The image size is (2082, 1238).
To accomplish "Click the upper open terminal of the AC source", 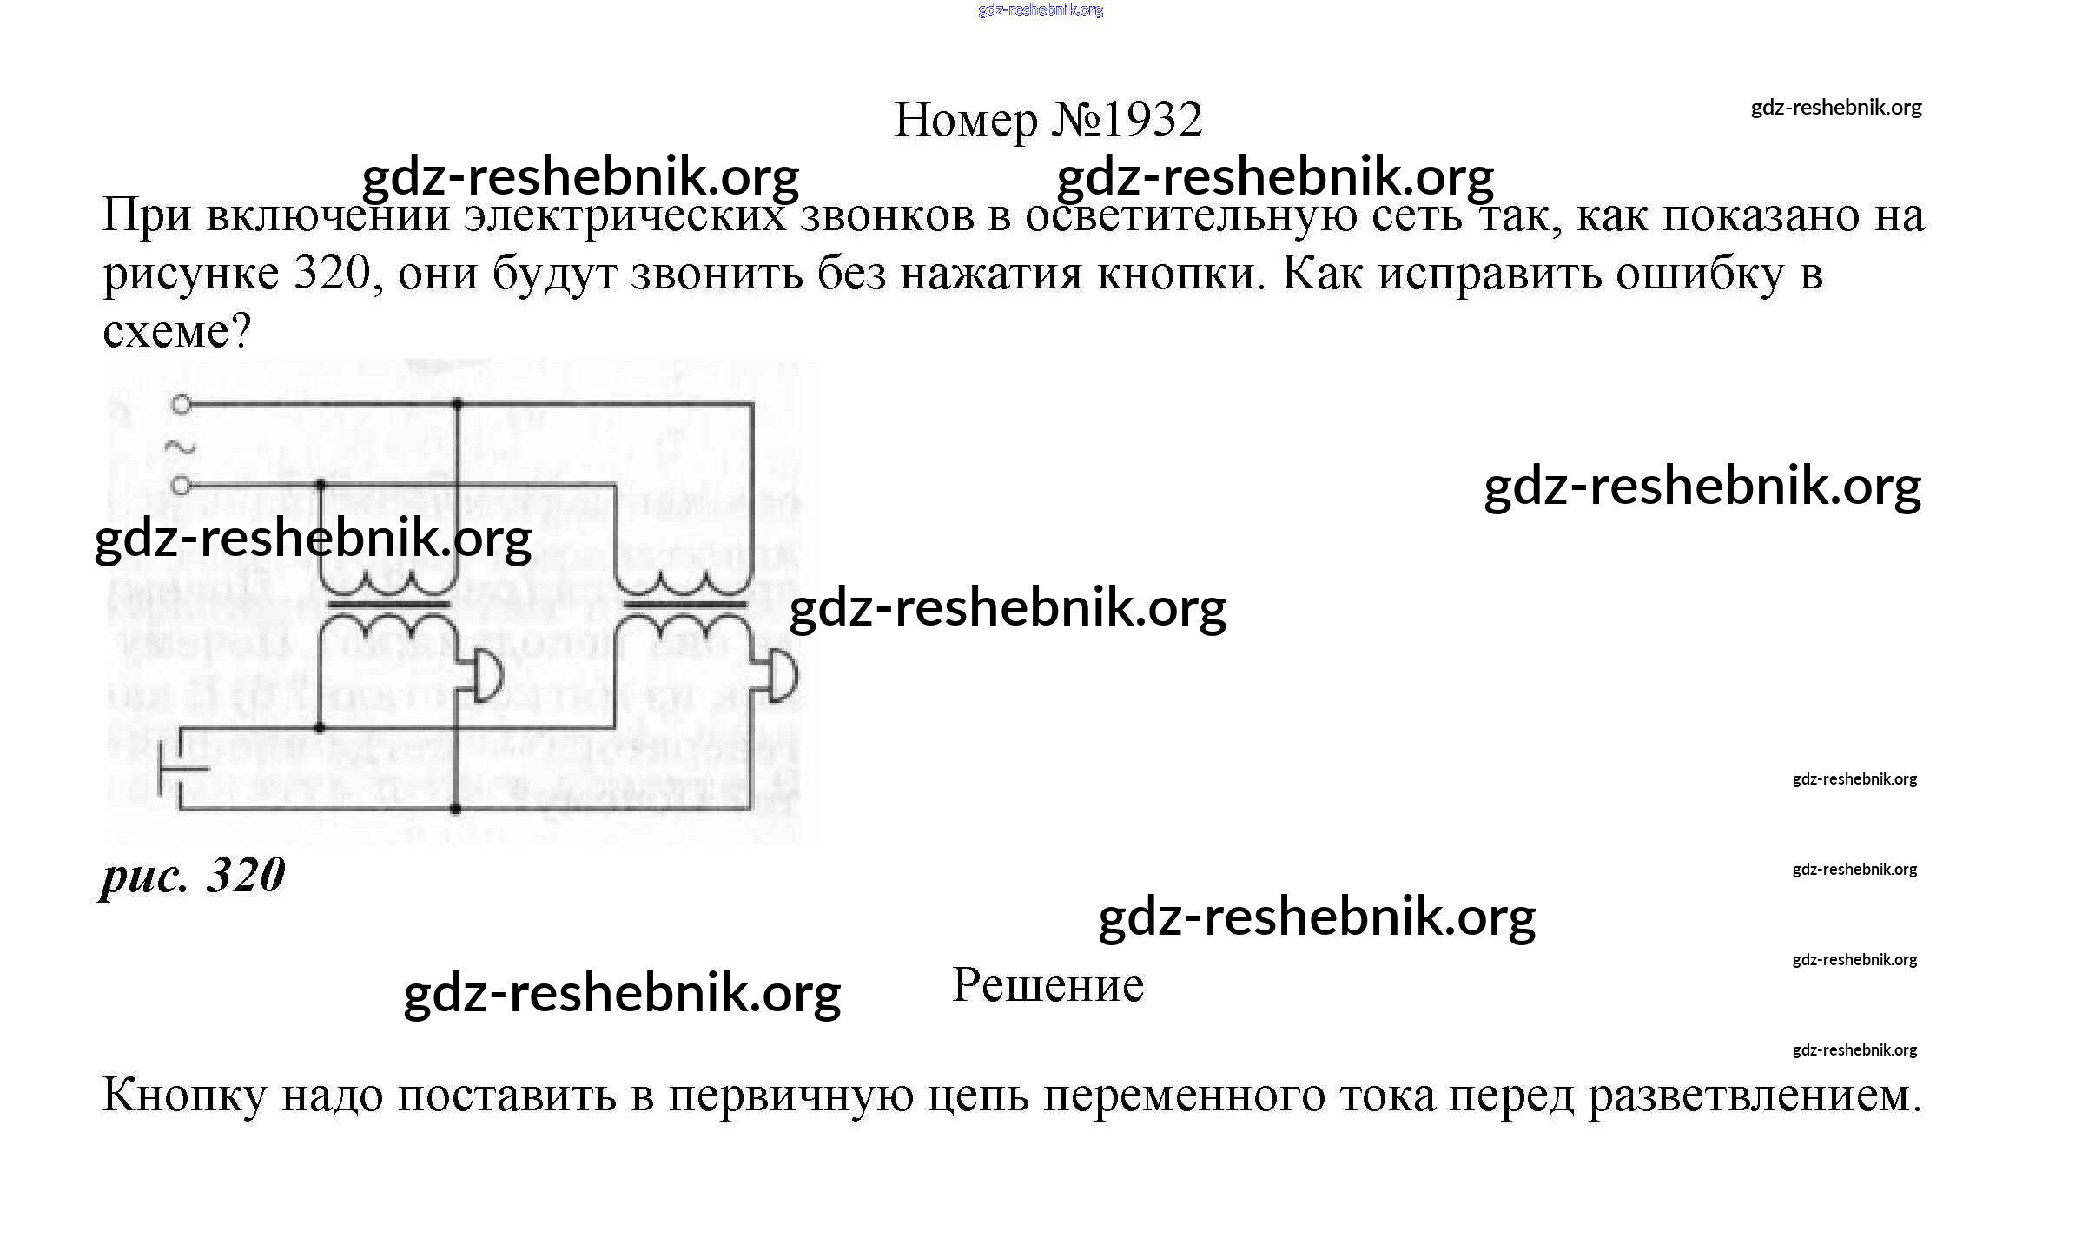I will tap(181, 404).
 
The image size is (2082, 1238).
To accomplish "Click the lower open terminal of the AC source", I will tap(181, 485).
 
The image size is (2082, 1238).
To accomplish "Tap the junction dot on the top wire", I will tap(458, 404).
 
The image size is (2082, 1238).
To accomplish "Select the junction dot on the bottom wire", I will tap(456, 810).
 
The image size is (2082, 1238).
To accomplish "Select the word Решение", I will tap(1048, 985).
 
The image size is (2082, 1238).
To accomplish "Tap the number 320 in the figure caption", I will tap(246, 875).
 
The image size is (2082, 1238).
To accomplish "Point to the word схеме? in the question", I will tap(176, 331).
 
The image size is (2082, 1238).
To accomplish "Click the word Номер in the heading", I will tap(965, 119).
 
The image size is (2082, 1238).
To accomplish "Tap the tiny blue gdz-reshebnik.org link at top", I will tap(1041, 10).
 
